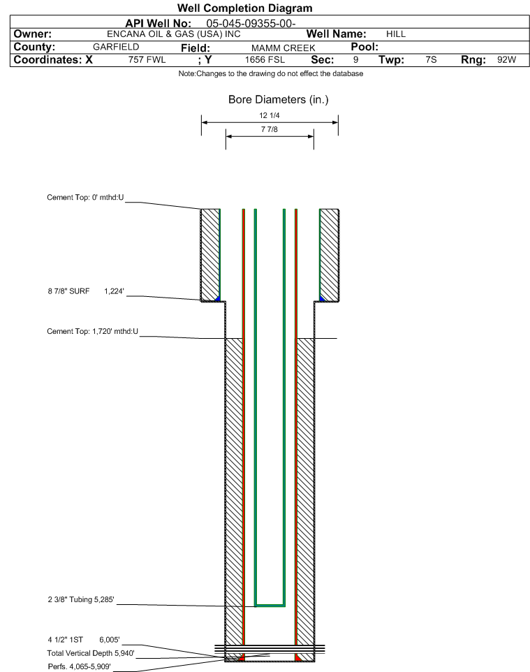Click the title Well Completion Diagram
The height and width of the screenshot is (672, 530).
244,8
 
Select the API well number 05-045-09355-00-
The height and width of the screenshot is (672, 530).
251,24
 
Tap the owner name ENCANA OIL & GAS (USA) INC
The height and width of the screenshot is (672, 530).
174,34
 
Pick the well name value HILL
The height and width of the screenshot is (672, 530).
395,34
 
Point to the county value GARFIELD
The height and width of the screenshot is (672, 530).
116,47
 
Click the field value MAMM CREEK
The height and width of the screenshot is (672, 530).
284,48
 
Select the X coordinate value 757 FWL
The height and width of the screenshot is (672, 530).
147,59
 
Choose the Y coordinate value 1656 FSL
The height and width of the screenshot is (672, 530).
265,59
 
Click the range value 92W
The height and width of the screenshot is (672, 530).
506,59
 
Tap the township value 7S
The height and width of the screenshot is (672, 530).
431,59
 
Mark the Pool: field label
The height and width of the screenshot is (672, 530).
365,47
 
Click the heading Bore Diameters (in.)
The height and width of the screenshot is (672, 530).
279,100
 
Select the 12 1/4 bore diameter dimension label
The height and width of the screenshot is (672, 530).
270,115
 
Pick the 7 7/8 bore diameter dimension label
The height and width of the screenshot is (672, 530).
270,129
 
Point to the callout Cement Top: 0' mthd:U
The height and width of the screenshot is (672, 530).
85,198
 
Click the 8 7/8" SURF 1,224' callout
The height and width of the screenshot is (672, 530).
86,291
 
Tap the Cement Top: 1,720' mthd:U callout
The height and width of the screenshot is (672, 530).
93,331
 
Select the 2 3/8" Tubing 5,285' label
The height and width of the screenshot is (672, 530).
81,599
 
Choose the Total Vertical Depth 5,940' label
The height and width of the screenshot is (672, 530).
91,653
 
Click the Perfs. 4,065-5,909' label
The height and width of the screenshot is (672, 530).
80,666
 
